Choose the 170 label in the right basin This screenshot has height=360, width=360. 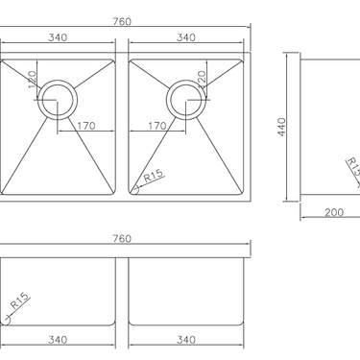coord(159,124)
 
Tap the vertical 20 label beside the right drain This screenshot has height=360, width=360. coord(202,78)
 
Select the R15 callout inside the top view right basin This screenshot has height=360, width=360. coord(153,177)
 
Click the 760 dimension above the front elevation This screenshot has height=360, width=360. coord(122,239)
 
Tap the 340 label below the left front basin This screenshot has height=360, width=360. coord(57,339)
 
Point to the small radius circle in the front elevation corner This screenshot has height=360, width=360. coord(7,323)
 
